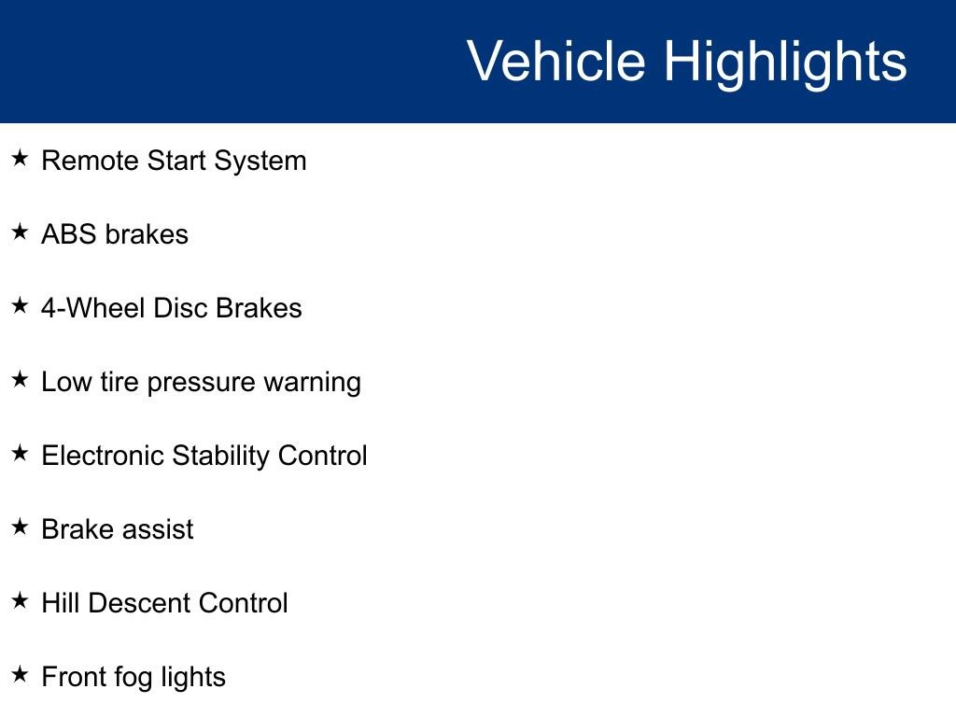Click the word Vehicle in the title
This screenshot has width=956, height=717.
[556, 62]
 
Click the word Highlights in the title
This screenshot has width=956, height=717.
[785, 62]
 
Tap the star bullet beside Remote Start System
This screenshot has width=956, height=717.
[21, 159]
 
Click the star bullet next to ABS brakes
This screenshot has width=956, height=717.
[21, 232]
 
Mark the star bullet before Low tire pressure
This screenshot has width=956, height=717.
[21, 380]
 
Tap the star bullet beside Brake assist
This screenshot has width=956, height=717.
[21, 527]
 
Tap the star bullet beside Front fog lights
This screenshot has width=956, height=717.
[21, 675]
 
